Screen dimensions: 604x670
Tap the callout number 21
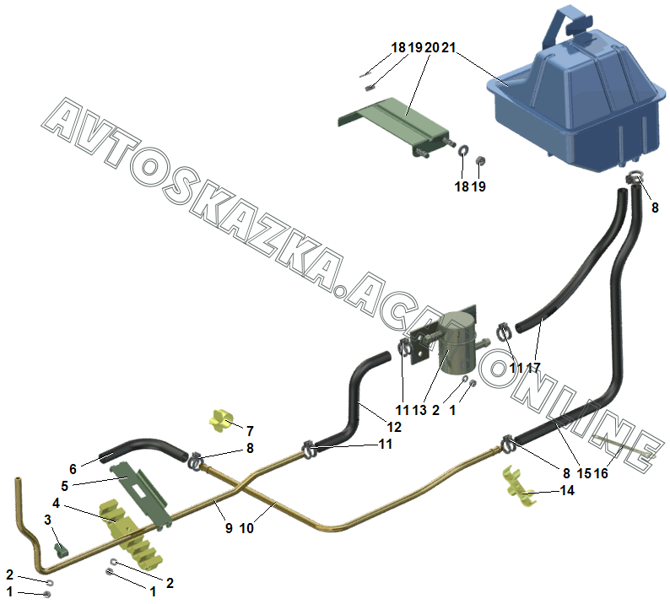click(447, 48)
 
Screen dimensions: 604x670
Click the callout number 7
click(250, 431)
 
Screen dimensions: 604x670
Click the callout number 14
click(566, 490)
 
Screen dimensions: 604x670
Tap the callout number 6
click(73, 468)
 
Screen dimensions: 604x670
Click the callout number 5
click(64, 487)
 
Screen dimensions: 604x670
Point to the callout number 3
click(47, 519)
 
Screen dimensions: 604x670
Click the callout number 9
click(228, 529)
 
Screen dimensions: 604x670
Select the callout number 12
click(394, 428)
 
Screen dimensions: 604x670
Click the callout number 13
click(420, 410)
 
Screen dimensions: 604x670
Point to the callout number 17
click(533, 368)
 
